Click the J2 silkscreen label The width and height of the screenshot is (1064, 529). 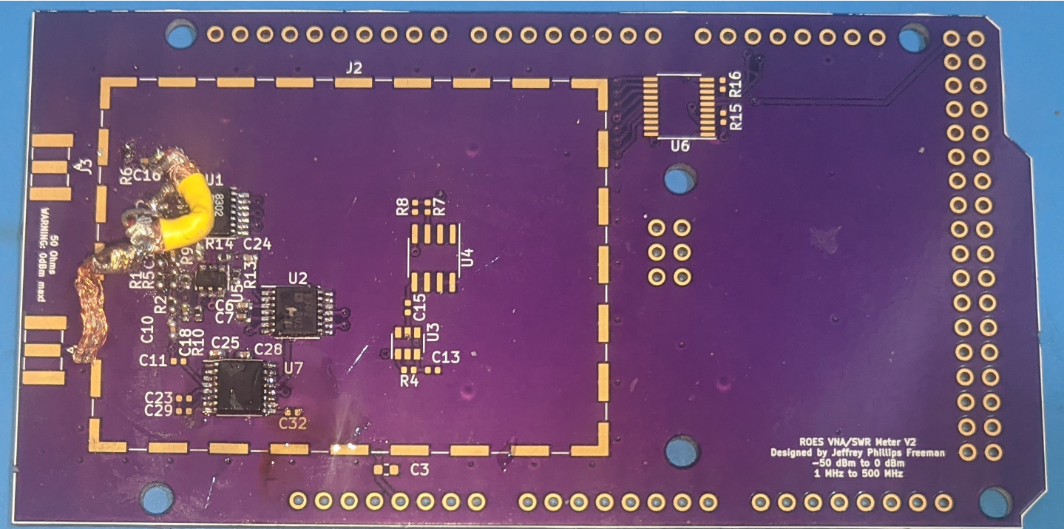coord(353,68)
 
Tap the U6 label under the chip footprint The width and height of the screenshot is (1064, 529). coord(680,146)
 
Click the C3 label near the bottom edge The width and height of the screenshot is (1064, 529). coord(420,469)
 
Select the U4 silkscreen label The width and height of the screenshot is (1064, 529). coord(467,258)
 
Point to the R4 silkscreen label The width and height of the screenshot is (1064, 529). coord(409,381)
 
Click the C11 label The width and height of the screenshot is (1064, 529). coord(153,360)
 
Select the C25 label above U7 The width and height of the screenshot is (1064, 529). coord(225,343)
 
